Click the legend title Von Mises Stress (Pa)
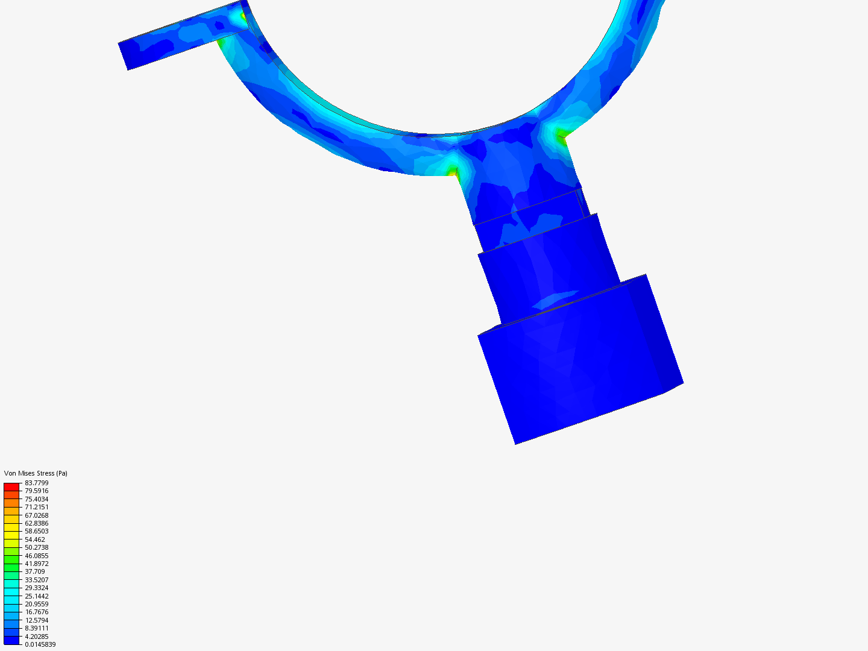coord(36,473)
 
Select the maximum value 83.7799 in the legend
coord(36,483)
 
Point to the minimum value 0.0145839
coord(40,645)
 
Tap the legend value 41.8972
coord(36,564)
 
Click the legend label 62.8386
coord(36,523)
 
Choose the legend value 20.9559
coord(36,604)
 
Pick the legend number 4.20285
coord(36,637)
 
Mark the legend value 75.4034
coord(36,499)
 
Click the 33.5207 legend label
coord(36,580)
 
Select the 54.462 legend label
coord(35,539)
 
